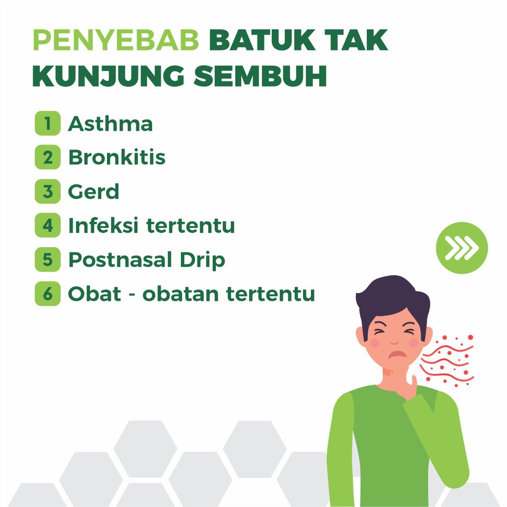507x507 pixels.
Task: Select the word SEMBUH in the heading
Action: pyautogui.click(x=260, y=77)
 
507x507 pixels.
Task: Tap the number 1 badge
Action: pyautogui.click(x=48, y=123)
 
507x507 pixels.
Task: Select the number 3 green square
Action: pyautogui.click(x=48, y=191)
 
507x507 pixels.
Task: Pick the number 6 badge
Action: pyautogui.click(x=48, y=294)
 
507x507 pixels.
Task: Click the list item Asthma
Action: pyautogui.click(x=110, y=124)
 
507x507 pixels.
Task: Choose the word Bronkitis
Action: pyautogui.click(x=117, y=157)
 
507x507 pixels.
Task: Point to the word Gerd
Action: pyautogui.click(x=94, y=192)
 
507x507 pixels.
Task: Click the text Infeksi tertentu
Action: pyautogui.click(x=152, y=226)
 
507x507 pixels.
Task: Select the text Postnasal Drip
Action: pyautogui.click(x=147, y=260)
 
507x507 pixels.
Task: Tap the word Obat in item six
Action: pyautogui.click(x=95, y=294)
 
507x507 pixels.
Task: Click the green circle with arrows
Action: pyautogui.click(x=461, y=248)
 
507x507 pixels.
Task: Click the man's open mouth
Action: pyautogui.click(x=397, y=354)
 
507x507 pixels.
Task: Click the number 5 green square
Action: pyautogui.click(x=48, y=259)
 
